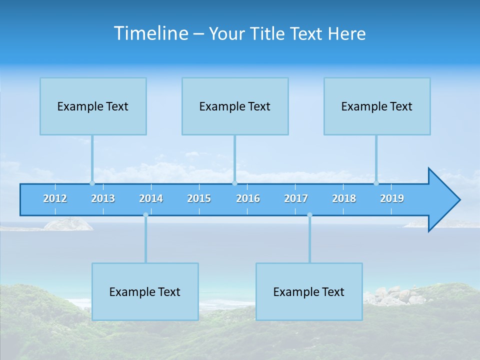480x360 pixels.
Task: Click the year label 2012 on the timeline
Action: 55,198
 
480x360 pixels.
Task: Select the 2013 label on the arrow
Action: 103,198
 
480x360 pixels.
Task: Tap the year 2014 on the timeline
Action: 151,198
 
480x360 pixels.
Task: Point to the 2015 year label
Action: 199,198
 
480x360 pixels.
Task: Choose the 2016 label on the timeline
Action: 248,198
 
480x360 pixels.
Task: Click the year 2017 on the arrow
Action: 296,198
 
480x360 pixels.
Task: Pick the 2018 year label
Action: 344,198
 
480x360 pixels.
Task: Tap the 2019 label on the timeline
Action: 392,198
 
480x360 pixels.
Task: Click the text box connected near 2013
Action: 93,106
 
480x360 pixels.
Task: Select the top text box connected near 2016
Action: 235,106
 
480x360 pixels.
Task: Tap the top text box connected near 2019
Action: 377,106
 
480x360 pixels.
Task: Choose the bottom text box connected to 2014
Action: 145,291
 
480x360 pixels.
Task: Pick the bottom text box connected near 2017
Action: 309,291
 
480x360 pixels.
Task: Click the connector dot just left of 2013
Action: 92,183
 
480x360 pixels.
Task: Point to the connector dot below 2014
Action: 145,215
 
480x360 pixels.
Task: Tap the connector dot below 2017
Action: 309,215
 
